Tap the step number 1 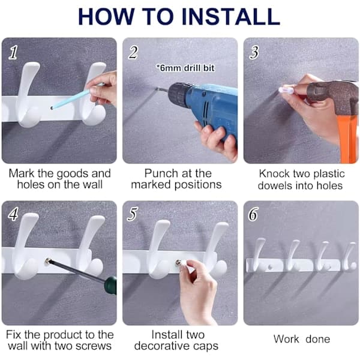click(x=13, y=52)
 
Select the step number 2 click(x=133, y=52)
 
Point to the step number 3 click(x=254, y=52)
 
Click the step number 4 click(x=13, y=214)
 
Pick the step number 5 click(x=133, y=214)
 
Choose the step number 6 click(x=253, y=214)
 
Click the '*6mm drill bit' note click(x=185, y=68)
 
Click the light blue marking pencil click(x=76, y=97)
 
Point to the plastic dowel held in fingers click(x=286, y=90)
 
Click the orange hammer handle click(x=349, y=139)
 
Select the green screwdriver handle click(x=110, y=286)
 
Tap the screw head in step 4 click(x=48, y=261)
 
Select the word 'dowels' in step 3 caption click(x=274, y=185)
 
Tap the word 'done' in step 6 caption click(x=318, y=339)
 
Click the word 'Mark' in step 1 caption click(x=22, y=173)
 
